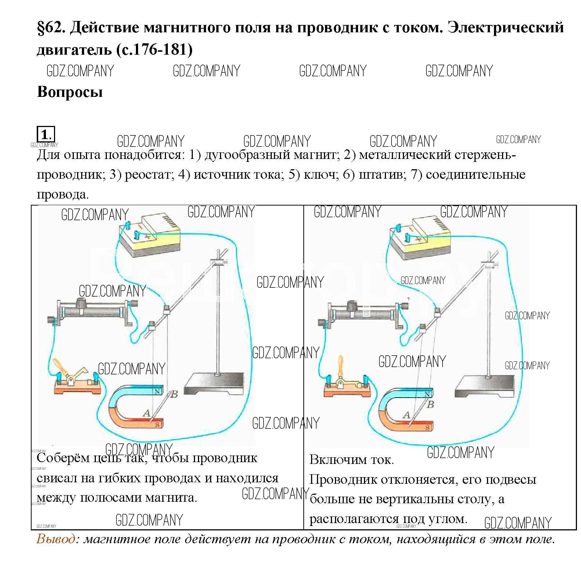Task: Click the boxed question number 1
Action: click(x=46, y=134)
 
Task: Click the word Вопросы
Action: click(x=70, y=92)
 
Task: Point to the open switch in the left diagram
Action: click(x=76, y=382)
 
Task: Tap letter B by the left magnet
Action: click(x=174, y=395)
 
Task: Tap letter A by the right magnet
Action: click(x=406, y=415)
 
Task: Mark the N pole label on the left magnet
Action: click(x=157, y=391)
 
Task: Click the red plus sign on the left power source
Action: click(x=148, y=237)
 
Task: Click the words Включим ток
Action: click(x=351, y=460)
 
